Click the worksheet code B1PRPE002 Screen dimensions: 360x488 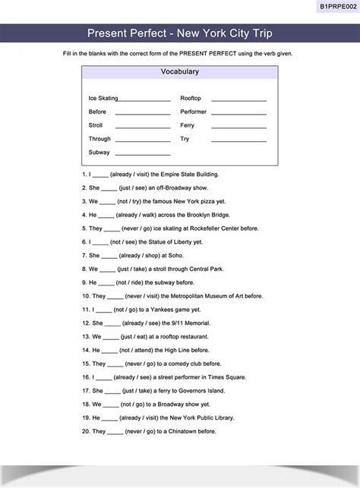pos(335,6)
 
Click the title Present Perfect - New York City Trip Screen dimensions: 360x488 pos(179,33)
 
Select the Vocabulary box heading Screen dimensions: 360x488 pos(179,72)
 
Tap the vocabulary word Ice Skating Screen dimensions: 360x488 pos(103,98)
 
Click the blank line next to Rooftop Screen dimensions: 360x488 pos(238,99)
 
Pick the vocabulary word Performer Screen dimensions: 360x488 pos(193,112)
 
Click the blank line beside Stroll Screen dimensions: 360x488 pos(142,127)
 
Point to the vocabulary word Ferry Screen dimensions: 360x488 pos(187,125)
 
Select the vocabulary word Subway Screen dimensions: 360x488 pos(99,153)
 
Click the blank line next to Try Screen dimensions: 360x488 pos(238,140)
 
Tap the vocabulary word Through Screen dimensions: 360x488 pos(99,139)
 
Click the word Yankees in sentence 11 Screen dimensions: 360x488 pos(162,310)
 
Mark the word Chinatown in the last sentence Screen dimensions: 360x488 pos(183,431)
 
